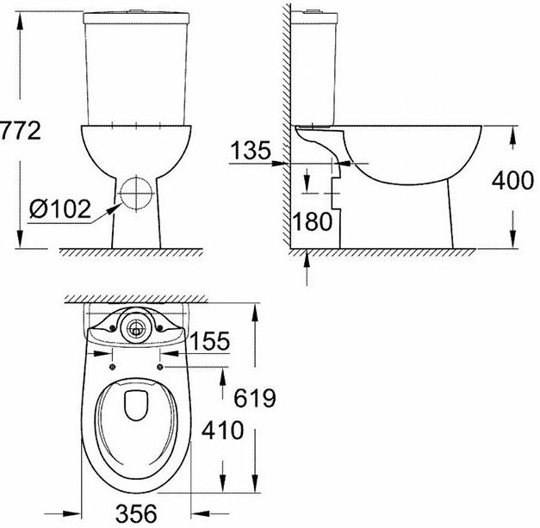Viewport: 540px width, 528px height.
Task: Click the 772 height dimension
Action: [20, 131]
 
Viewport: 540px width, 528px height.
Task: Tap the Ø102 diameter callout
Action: [60, 208]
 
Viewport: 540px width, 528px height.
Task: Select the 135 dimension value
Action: [251, 150]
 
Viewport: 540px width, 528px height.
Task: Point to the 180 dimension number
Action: [313, 221]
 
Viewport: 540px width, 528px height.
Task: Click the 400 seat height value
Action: [512, 180]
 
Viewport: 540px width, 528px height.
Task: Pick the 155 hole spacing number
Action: [209, 341]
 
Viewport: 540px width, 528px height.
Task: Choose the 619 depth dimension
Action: [255, 398]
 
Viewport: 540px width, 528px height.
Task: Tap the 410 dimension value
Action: [222, 430]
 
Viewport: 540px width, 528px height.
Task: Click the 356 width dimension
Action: [136, 513]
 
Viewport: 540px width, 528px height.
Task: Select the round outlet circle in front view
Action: [136, 193]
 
